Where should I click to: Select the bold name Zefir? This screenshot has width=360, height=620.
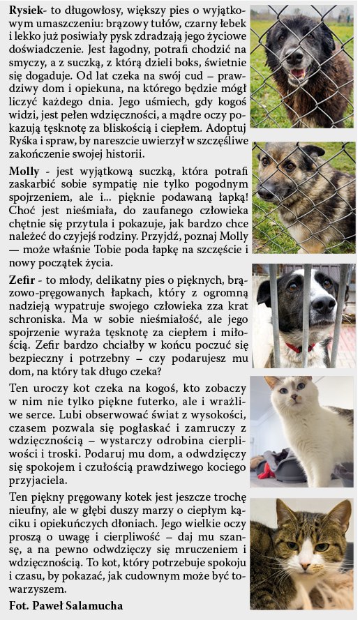pos(23,279)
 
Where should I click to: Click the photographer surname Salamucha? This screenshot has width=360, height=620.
pos(87,605)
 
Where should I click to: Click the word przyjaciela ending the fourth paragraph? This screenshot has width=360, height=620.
pos(42,480)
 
